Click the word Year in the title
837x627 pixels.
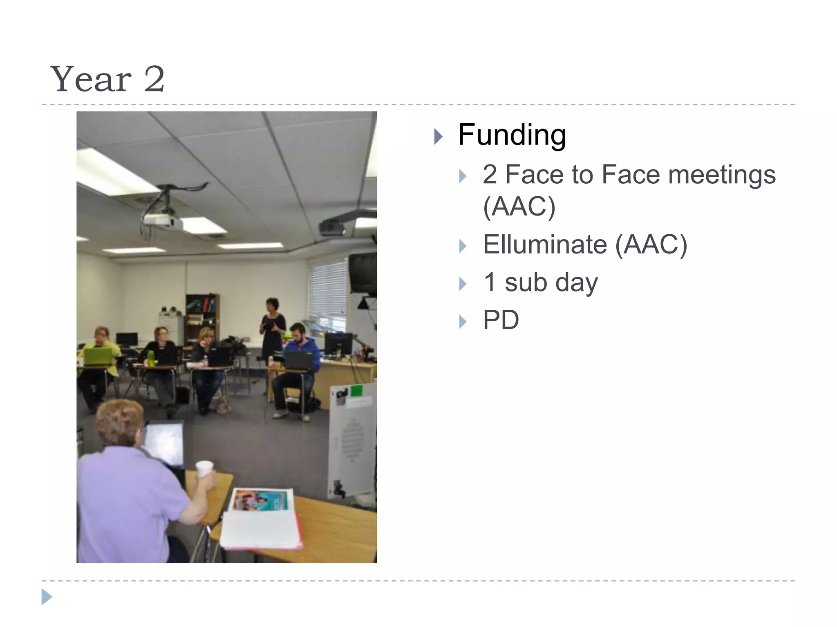(x=91, y=80)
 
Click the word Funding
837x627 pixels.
(x=512, y=135)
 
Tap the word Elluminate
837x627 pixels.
(x=545, y=245)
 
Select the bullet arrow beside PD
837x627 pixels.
(x=462, y=322)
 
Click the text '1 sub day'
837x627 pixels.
(x=540, y=282)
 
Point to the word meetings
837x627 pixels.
(x=721, y=175)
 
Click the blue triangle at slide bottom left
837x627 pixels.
(x=47, y=597)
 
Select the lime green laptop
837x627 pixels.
(x=98, y=356)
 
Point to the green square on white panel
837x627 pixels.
(x=357, y=390)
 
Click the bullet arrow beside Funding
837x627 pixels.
(x=438, y=136)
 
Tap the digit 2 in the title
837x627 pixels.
(x=154, y=80)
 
